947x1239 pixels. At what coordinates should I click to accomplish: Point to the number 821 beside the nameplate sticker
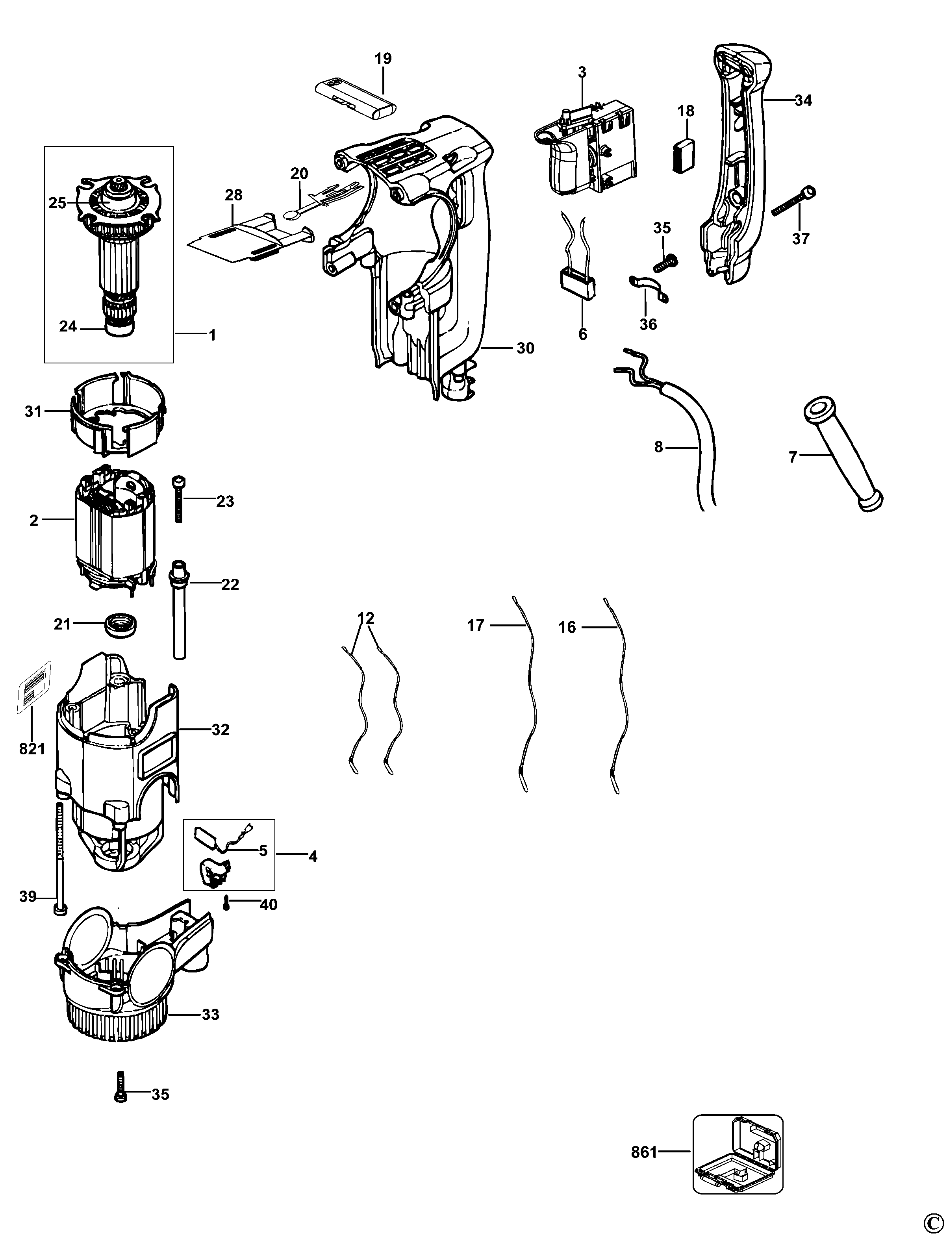(32, 748)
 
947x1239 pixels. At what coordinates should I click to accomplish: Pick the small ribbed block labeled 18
(685, 153)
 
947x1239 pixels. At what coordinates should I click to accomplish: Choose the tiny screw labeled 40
(226, 903)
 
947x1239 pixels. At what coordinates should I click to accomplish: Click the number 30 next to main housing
(525, 348)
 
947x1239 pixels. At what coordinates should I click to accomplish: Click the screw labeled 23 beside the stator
(179, 499)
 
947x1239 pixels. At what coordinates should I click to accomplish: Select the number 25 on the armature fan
(57, 203)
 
